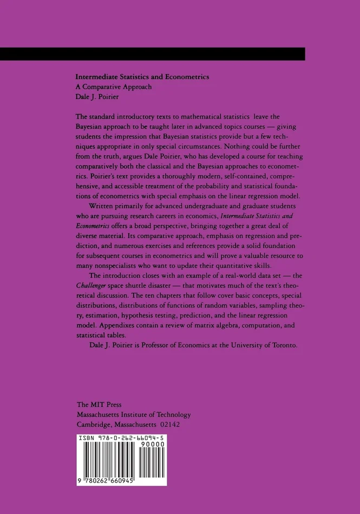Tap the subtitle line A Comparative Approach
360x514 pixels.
[113, 87]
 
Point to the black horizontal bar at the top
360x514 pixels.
[153, 54]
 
